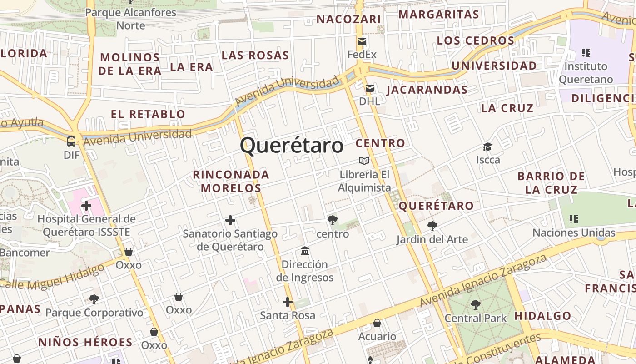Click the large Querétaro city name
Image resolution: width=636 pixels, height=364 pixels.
coord(292,146)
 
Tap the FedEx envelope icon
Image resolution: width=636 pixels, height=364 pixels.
coord(362,41)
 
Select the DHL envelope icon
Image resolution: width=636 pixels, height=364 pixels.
coord(370,88)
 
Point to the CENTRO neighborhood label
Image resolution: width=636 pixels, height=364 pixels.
coord(380,143)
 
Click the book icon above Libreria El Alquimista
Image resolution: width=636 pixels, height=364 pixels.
coord(364,161)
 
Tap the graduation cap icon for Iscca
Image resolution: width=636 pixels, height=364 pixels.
coord(488,147)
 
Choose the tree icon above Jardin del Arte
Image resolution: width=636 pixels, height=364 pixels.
coord(432,226)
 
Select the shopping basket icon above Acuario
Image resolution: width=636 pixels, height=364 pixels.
coord(377,323)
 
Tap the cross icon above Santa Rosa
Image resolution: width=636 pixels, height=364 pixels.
coord(288,302)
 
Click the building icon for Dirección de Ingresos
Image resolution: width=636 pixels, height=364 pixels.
coord(305,251)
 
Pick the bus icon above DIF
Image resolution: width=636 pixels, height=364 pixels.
coord(71,141)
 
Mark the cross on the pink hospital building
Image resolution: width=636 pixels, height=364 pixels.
coord(86,206)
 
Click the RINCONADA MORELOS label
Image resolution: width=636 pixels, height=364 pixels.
coord(231,181)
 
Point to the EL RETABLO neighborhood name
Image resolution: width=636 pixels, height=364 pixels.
coord(148,114)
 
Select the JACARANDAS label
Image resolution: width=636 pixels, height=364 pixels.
coord(427,90)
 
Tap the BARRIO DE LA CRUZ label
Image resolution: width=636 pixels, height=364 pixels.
coord(551,183)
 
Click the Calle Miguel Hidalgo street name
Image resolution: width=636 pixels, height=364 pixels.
coord(54,276)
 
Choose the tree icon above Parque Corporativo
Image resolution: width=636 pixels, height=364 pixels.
coord(94,299)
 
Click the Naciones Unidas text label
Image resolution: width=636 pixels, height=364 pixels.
coord(574,233)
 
